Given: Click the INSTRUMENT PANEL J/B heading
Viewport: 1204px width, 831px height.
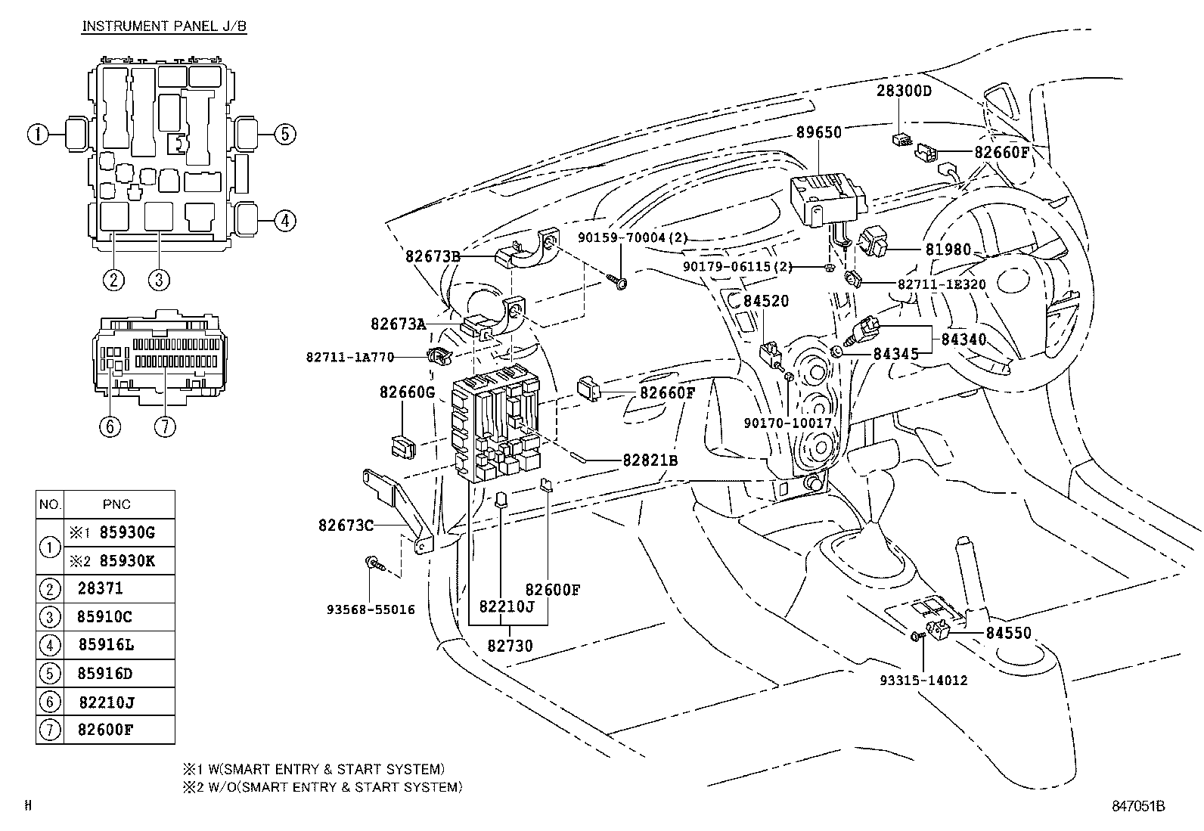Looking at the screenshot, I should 164,26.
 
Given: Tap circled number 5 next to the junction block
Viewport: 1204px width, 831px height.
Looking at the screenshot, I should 284,135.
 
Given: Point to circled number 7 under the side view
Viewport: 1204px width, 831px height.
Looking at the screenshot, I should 165,426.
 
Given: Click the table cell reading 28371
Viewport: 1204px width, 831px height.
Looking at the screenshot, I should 100,588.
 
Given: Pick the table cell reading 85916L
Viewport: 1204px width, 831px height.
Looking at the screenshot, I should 106,645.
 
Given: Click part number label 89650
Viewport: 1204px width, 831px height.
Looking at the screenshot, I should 818,132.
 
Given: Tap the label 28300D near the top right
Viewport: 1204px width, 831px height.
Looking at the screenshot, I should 904,91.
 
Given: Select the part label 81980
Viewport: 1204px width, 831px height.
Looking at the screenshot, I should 948,250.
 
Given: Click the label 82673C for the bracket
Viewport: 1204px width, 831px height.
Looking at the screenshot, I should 346,525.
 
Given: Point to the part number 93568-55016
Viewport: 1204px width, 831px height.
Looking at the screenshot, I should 371,609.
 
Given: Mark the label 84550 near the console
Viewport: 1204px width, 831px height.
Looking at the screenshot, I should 1008,633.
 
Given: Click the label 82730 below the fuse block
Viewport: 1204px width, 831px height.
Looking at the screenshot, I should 510,646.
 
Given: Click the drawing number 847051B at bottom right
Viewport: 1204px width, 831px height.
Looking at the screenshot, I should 1137,806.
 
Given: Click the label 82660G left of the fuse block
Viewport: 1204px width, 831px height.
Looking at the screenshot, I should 407,392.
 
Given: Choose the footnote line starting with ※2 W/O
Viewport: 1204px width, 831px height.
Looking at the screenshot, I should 321,787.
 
